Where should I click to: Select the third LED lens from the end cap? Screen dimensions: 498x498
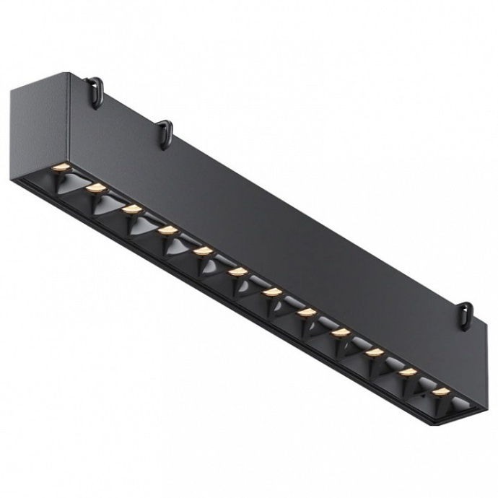coord(131,209)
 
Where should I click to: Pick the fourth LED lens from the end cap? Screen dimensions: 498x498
coord(167,230)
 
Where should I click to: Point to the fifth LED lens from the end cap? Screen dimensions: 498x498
coord(203,250)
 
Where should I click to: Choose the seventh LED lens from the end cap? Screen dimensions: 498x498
coord(272,292)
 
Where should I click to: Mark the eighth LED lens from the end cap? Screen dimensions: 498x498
coord(307,312)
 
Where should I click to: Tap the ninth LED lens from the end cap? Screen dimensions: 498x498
coord(341,332)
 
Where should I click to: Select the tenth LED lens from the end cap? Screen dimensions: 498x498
coord(375,352)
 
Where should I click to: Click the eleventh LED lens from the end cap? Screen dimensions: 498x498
coord(409,372)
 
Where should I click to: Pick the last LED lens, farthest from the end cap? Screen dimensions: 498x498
coord(441,392)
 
